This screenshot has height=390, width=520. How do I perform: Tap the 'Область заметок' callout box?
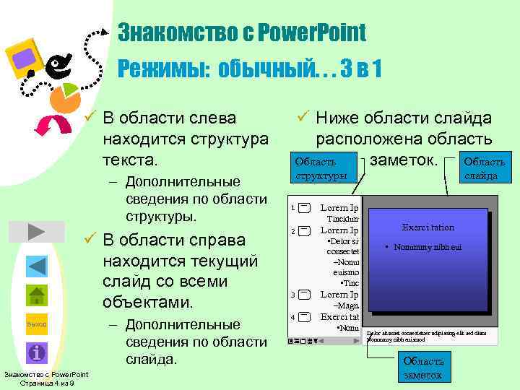[424, 368]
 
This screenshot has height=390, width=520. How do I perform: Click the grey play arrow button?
[36, 231]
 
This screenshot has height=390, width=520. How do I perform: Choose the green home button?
[36, 295]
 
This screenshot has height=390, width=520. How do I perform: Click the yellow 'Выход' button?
[36, 324]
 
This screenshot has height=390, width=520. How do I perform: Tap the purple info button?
[36, 352]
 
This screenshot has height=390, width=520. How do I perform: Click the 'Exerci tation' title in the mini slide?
[428, 227]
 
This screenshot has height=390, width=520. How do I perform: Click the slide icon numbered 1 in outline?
[304, 208]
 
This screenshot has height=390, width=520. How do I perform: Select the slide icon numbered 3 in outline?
[304, 295]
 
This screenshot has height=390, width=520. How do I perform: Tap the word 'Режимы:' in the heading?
[164, 69]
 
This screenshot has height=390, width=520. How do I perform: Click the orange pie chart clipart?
[67, 98]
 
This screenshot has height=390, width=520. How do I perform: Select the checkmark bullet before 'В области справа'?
[90, 239]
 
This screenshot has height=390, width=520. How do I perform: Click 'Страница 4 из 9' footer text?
[46, 383]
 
